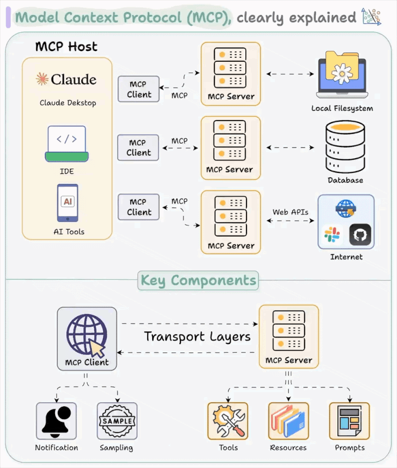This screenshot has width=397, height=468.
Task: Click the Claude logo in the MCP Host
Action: (66, 79)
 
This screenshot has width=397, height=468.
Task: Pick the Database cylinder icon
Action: (345, 147)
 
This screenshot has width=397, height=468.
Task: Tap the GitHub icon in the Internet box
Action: (360, 235)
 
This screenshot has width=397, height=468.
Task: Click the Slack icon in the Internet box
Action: (332, 235)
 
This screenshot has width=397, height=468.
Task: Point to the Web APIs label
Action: (290, 212)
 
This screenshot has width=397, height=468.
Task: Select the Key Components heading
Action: (198, 281)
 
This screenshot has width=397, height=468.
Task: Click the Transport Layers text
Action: (197, 337)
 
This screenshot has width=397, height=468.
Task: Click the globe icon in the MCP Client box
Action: (86, 334)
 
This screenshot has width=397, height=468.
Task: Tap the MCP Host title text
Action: (66, 47)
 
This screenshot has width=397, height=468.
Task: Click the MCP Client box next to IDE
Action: (138, 148)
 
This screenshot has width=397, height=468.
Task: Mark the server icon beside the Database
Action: (230, 141)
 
